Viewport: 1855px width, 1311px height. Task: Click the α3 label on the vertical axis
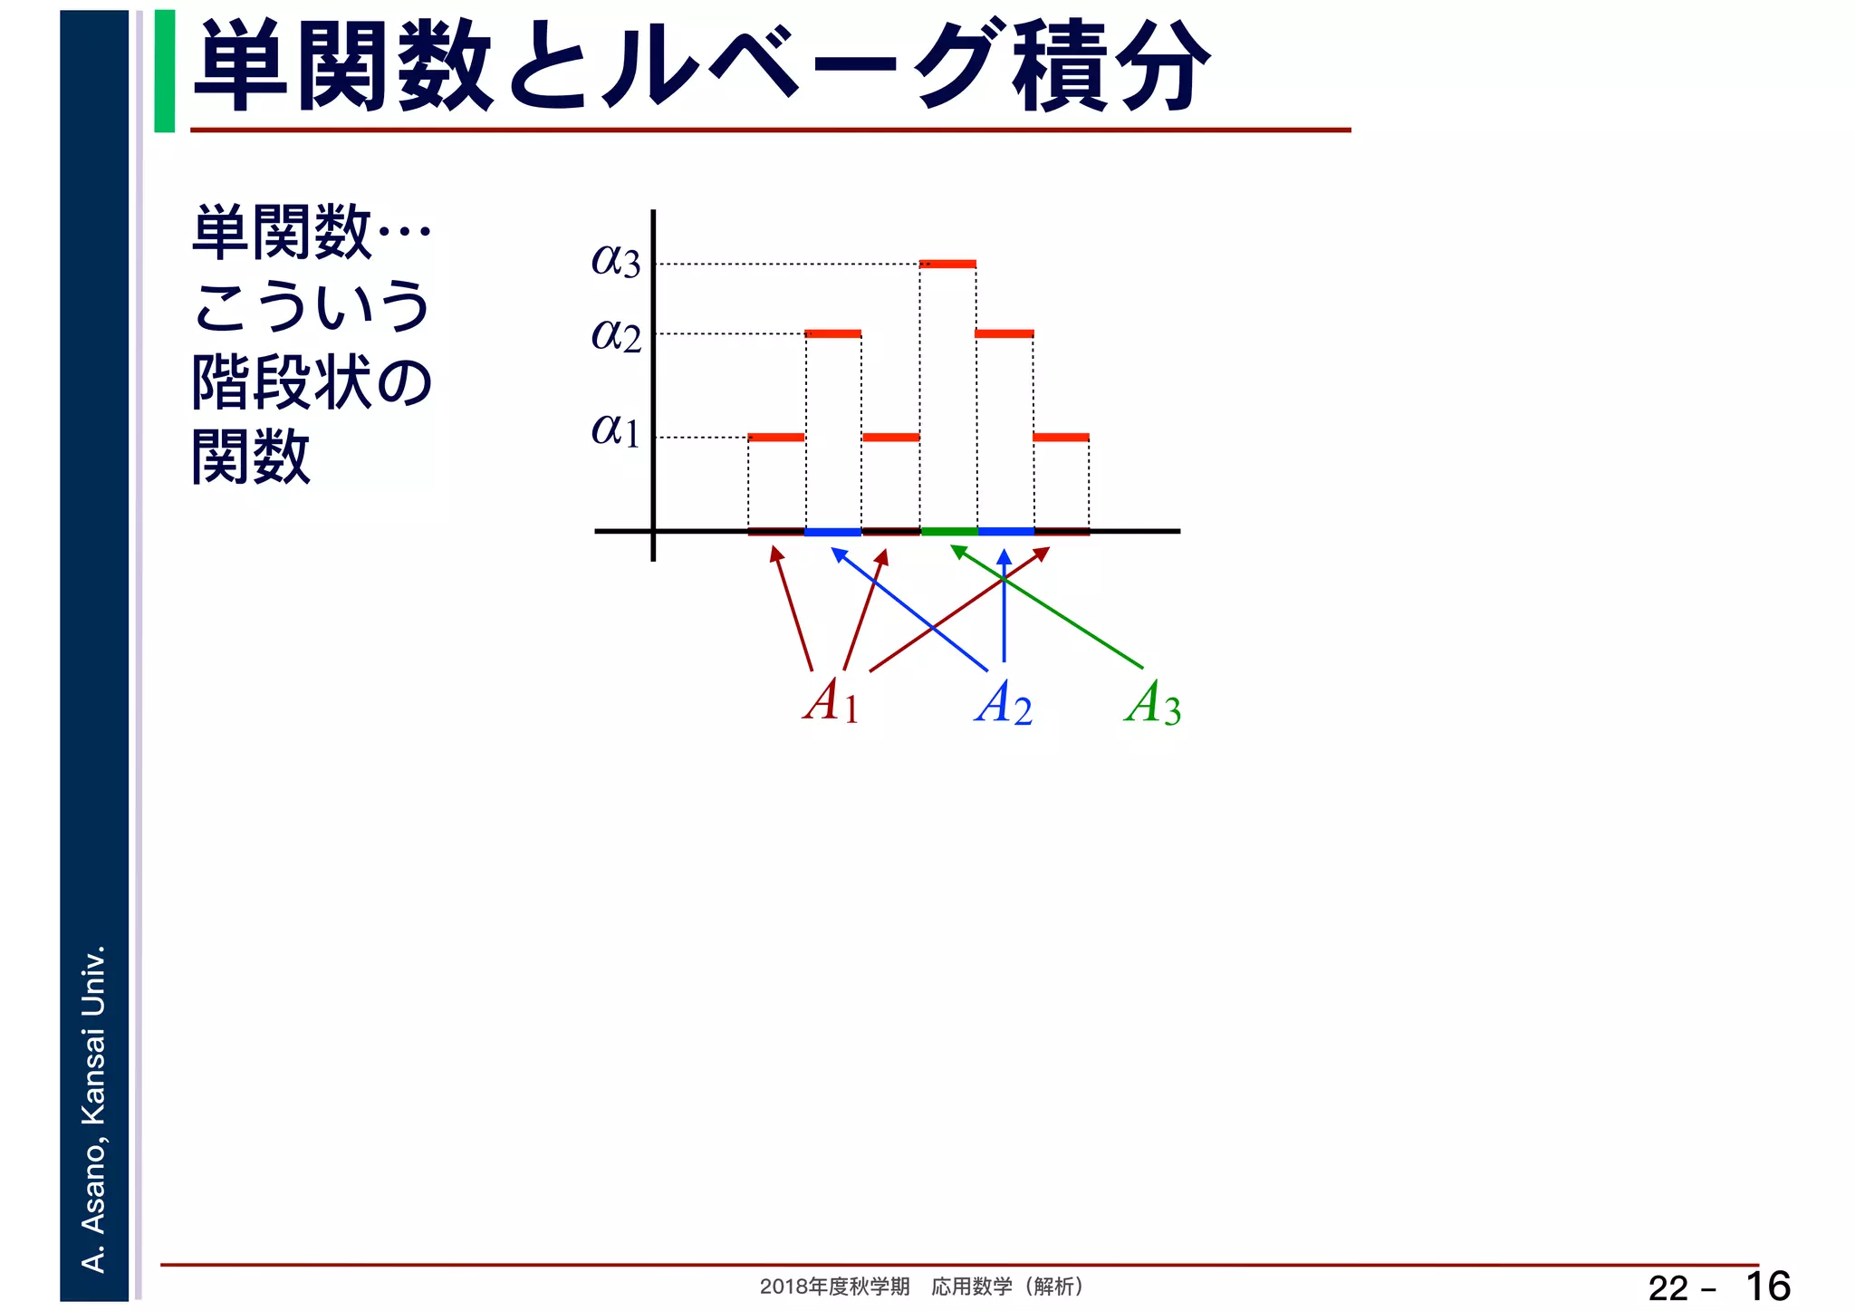tap(616, 261)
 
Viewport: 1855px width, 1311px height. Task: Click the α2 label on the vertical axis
tap(616, 336)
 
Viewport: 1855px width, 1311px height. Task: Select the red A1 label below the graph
tap(831, 701)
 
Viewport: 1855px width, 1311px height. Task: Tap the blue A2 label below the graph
tap(1004, 703)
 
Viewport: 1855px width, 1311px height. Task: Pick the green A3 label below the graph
tap(1152, 703)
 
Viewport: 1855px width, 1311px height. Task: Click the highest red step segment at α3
tap(947, 265)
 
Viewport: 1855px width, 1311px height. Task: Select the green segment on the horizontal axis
tap(948, 531)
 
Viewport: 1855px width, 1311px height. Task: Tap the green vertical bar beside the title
tap(165, 71)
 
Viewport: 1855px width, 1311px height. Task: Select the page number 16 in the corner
tap(1767, 1287)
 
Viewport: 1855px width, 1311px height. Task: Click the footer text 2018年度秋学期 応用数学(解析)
tap(921, 1287)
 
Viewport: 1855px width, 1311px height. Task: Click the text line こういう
tap(312, 307)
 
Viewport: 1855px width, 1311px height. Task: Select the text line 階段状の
tap(312, 382)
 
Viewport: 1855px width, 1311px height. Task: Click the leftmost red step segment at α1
tap(776, 438)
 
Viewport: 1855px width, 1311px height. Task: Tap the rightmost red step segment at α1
tap(1061, 438)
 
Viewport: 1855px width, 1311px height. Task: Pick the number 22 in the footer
tap(1668, 1288)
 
